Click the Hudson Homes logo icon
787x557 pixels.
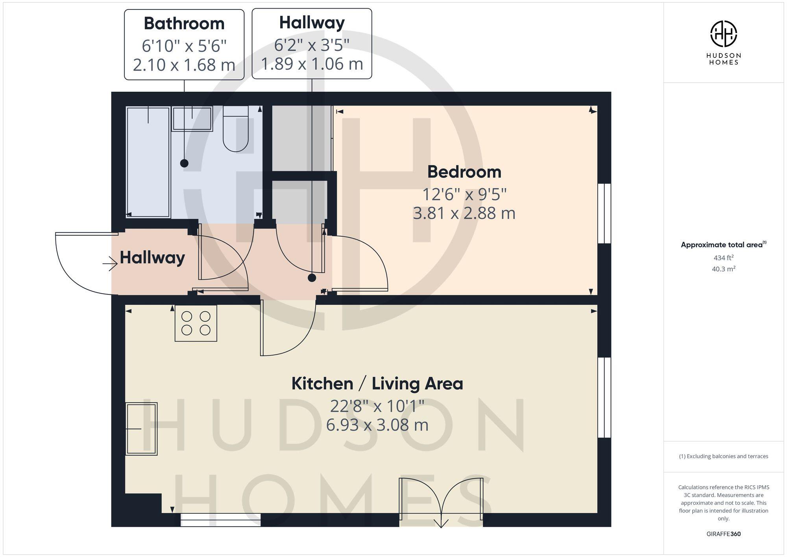tap(723, 34)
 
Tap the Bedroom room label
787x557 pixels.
tap(464, 172)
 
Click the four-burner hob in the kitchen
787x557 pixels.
tap(196, 323)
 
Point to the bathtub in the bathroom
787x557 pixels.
tap(148, 161)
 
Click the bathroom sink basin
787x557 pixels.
tap(192, 118)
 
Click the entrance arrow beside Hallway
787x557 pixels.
tap(111, 264)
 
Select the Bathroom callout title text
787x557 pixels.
tap(184, 24)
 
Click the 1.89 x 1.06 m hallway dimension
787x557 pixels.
tap(312, 64)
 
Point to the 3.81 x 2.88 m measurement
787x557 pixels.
tap(464, 213)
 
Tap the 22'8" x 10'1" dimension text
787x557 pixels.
tap(377, 406)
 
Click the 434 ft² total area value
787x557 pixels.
tap(723, 258)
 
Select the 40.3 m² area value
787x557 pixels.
tap(723, 269)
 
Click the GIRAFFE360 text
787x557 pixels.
tap(723, 534)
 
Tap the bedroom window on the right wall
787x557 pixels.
tap(604, 213)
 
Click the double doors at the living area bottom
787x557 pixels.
tap(441, 502)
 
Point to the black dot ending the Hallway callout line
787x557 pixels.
tap(312, 278)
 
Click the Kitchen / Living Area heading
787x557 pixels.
tap(377, 384)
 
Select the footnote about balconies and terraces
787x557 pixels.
tap(723, 456)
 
